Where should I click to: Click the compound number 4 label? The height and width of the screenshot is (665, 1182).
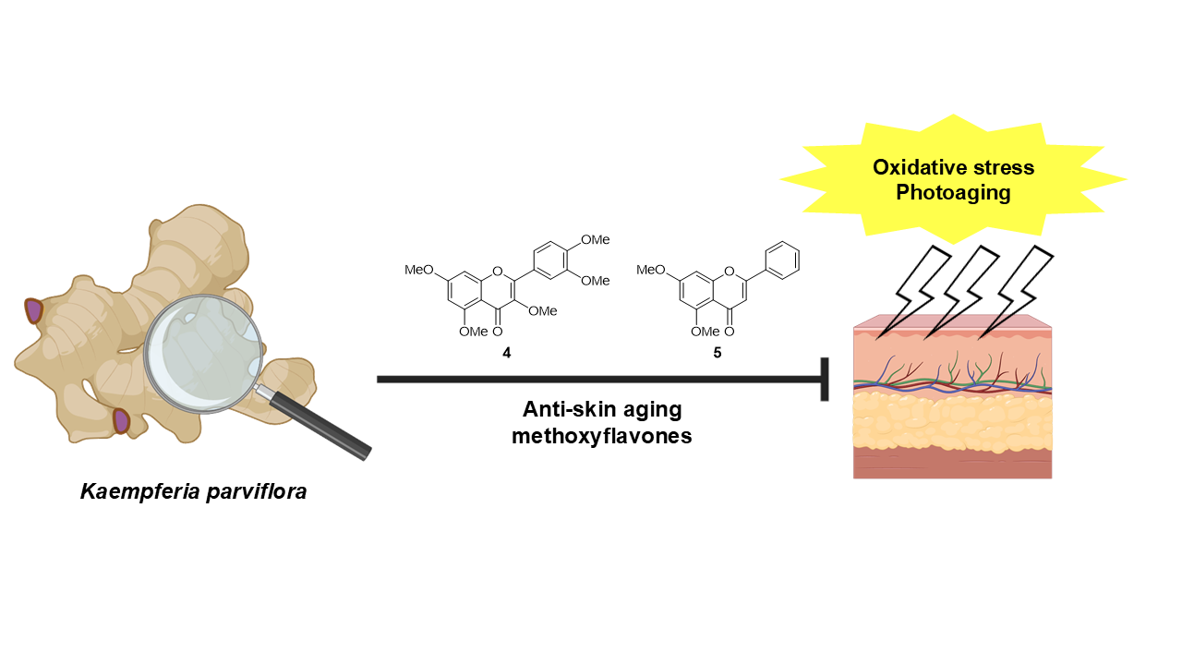[x=506, y=353]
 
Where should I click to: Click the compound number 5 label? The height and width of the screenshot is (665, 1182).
[x=718, y=353]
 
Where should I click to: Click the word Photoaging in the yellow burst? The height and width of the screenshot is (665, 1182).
[x=954, y=192]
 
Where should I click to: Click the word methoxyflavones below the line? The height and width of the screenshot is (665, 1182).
[x=601, y=436]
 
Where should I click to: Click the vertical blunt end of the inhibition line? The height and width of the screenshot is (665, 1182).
[x=824, y=379]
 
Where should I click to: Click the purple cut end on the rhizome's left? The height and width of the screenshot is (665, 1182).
[x=34, y=310]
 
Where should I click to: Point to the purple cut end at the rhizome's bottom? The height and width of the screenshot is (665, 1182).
[x=121, y=421]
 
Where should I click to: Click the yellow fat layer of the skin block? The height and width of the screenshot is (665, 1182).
[x=952, y=420]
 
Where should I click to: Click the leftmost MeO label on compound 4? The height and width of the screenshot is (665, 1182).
[x=419, y=270]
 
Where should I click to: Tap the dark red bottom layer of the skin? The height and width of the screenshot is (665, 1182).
[x=952, y=464]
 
